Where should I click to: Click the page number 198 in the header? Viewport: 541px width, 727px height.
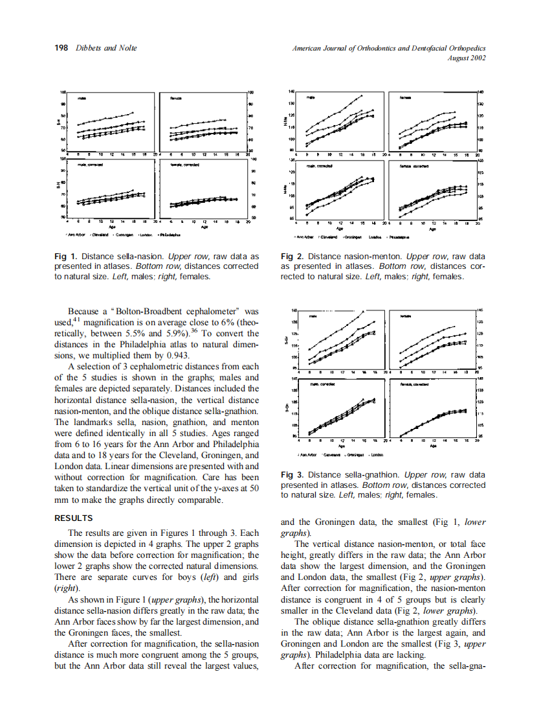click(x=61, y=48)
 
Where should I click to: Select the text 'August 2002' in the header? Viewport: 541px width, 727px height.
click(x=466, y=58)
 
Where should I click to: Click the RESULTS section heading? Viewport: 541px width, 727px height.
click(x=74, y=518)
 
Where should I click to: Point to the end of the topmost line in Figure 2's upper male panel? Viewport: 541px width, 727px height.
click(x=362, y=95)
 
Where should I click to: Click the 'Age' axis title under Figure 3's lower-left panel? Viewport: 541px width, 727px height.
click(x=340, y=446)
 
